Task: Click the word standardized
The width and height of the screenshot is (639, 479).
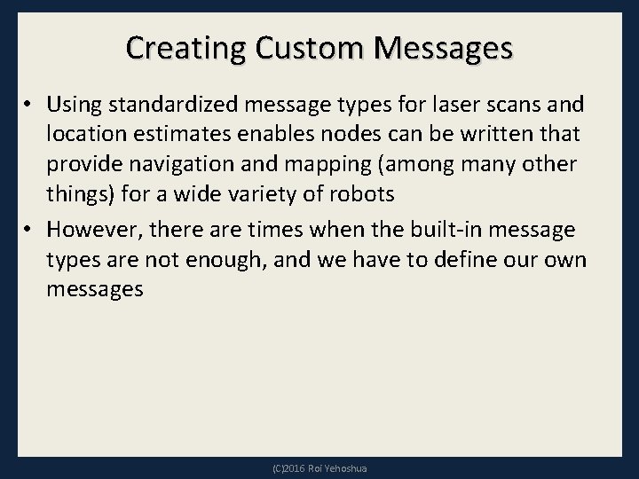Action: point(167,106)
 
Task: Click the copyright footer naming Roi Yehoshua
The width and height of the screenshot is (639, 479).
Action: point(319,466)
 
